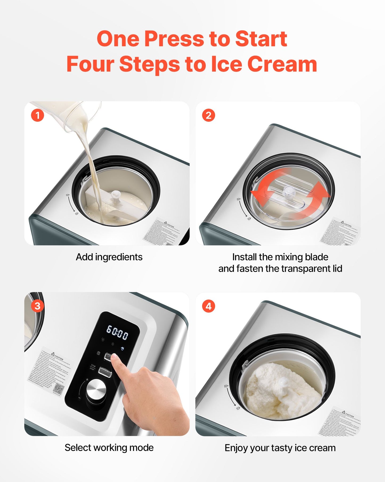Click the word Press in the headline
click(x=175, y=39)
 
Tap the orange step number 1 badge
click(x=37, y=116)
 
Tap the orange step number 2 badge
click(x=208, y=116)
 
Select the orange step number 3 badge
click(x=37, y=306)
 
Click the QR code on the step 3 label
click(x=58, y=389)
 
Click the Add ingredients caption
click(x=109, y=257)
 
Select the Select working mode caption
click(x=109, y=448)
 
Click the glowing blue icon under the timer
click(x=122, y=348)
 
